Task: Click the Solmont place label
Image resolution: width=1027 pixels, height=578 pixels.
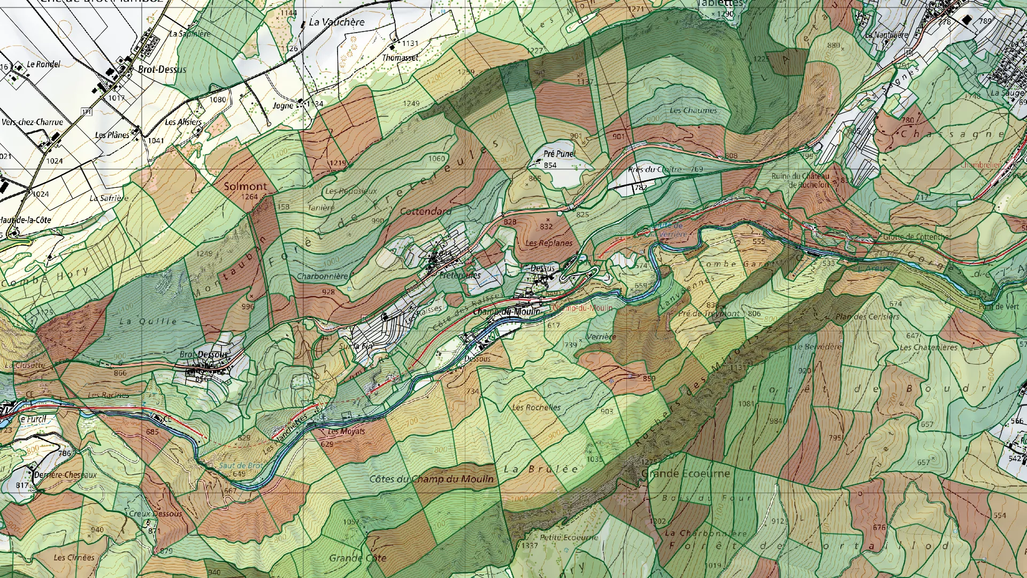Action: pyautogui.click(x=245, y=186)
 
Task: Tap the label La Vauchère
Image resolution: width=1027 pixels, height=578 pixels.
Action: pyautogui.click(x=336, y=22)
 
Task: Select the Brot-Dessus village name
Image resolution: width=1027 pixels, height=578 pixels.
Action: pyautogui.click(x=162, y=69)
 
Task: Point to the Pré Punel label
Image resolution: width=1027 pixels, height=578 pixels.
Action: pyautogui.click(x=559, y=154)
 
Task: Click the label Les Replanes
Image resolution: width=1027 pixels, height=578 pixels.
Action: pyautogui.click(x=548, y=243)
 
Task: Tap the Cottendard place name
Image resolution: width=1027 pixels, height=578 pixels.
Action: pyautogui.click(x=425, y=211)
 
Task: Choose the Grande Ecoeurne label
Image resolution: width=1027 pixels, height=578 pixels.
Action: pyautogui.click(x=685, y=474)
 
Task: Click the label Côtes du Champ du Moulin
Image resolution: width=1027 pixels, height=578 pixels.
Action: pyautogui.click(x=431, y=478)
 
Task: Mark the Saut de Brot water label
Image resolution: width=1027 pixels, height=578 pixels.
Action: pyautogui.click(x=241, y=465)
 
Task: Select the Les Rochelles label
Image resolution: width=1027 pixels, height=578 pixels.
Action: pyautogui.click(x=536, y=407)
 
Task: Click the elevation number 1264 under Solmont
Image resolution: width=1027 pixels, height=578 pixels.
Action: pyautogui.click(x=249, y=196)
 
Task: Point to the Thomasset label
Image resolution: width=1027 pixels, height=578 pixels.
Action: pyautogui.click(x=400, y=57)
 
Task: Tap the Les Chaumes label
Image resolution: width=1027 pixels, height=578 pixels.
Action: pyautogui.click(x=693, y=110)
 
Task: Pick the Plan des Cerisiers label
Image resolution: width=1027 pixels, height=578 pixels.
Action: pyautogui.click(x=867, y=316)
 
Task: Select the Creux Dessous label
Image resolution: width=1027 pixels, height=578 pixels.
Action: pyautogui.click(x=155, y=513)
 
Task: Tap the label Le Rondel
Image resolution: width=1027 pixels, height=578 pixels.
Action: pyautogui.click(x=43, y=64)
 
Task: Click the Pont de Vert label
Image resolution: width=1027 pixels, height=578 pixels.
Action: pyautogui.click(x=999, y=307)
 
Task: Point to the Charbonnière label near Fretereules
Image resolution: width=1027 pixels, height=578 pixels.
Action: pyautogui.click(x=322, y=276)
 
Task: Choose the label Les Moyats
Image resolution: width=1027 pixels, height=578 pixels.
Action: pyautogui.click(x=346, y=431)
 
